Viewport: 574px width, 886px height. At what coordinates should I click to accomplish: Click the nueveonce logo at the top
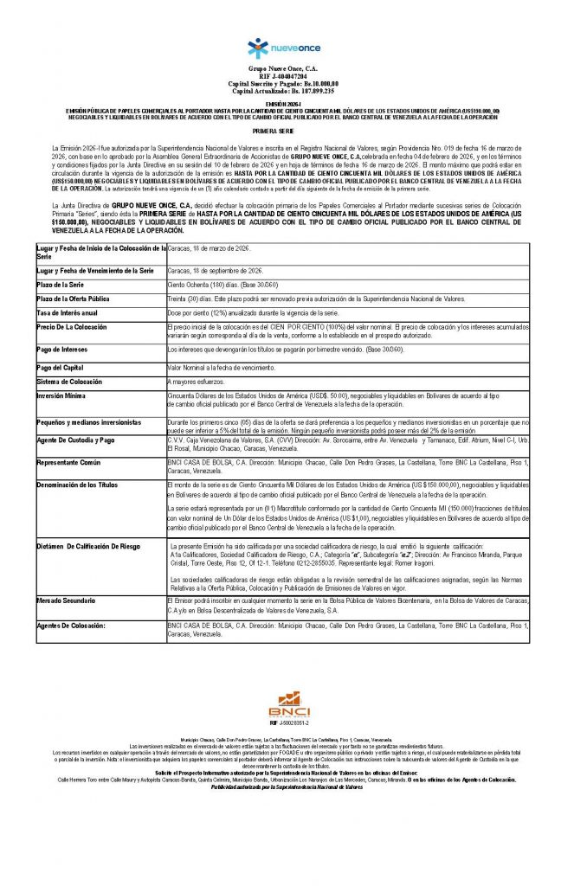tap(285, 48)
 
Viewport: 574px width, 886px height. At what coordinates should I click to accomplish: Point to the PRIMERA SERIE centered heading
tap(286, 129)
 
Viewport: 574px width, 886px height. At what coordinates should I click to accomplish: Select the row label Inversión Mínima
tap(61, 395)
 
